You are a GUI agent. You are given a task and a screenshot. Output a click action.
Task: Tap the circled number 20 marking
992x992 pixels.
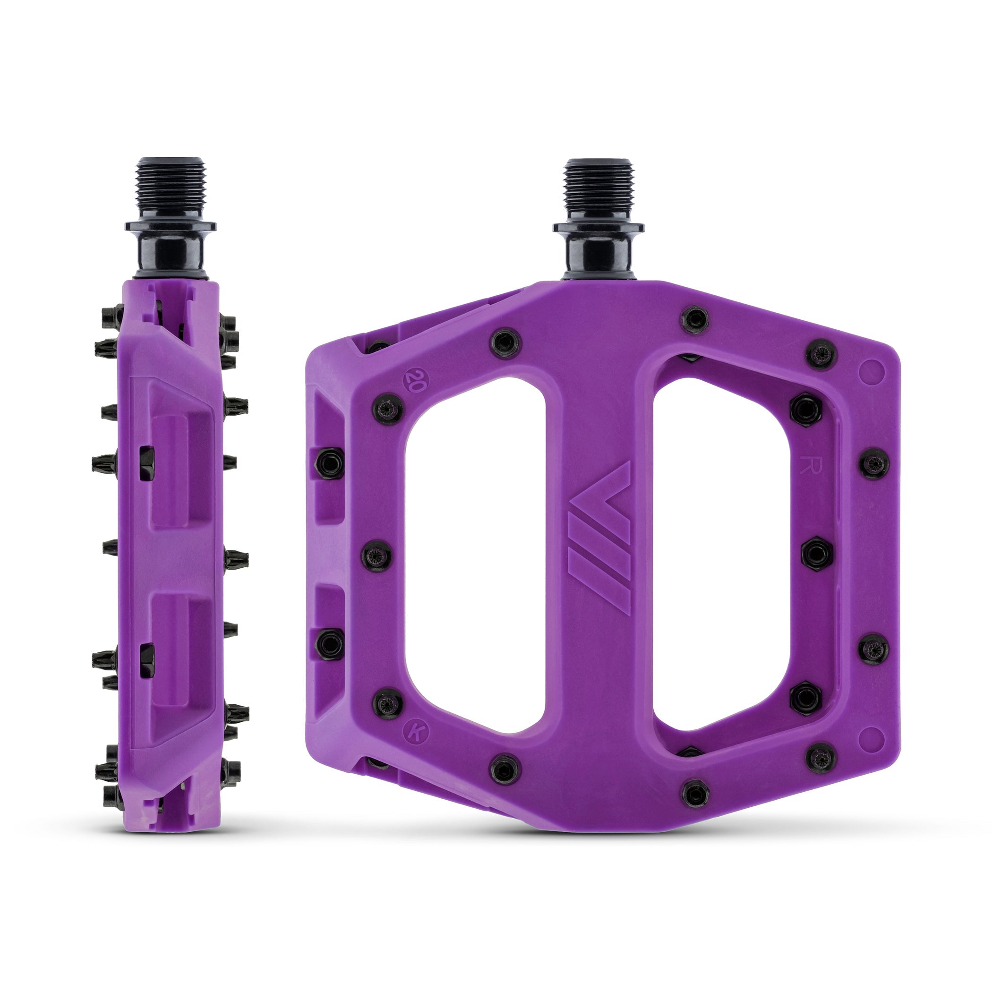pos(412,380)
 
